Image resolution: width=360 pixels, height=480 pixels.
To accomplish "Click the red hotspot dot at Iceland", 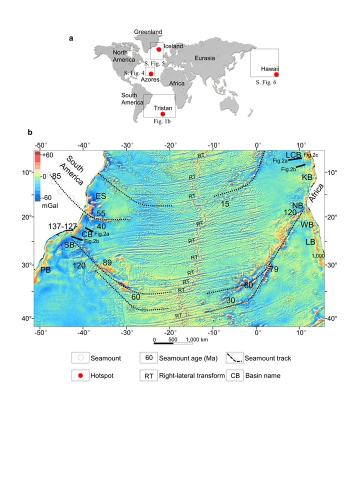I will (158, 49).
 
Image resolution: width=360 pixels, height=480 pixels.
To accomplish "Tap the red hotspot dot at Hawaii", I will (276, 74).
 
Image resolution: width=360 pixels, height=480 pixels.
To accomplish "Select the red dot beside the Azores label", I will (151, 73).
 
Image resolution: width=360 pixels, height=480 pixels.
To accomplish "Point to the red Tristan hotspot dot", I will (162, 114).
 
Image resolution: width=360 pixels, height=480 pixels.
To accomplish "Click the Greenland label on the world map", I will (148, 32).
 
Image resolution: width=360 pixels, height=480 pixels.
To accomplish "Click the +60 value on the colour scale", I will (47, 155).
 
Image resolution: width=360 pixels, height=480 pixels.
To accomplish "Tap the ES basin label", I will (100, 196).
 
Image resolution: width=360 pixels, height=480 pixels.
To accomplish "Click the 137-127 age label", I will (62, 226).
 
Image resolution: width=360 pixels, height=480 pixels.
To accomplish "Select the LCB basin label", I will (294, 155).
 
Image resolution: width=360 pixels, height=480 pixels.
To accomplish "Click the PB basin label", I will (45, 270).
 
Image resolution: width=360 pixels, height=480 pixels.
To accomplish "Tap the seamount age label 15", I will (224, 203).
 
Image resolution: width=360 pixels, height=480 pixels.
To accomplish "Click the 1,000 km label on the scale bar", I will (196, 340).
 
